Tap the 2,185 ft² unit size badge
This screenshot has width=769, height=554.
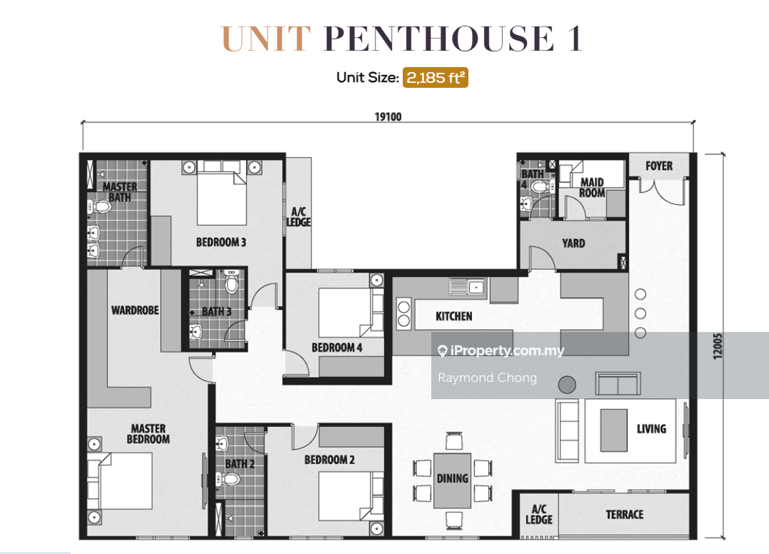(435, 78)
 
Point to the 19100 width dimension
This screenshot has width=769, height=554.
(388, 118)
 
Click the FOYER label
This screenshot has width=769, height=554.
(658, 166)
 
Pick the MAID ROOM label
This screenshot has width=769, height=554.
(592, 188)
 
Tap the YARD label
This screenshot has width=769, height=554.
(573, 243)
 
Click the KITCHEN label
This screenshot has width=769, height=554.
(453, 316)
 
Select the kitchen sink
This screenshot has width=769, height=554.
(468, 288)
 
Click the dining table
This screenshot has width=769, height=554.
(452, 480)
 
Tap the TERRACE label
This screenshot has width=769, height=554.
(624, 514)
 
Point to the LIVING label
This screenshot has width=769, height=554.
(651, 428)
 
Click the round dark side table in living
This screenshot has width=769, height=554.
(567, 385)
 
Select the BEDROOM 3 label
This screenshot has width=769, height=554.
(221, 242)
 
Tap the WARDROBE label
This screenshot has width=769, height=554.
(135, 310)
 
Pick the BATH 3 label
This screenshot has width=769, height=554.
(216, 311)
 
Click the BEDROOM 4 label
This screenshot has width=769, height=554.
(337, 348)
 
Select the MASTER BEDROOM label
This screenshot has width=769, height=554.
(149, 433)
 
